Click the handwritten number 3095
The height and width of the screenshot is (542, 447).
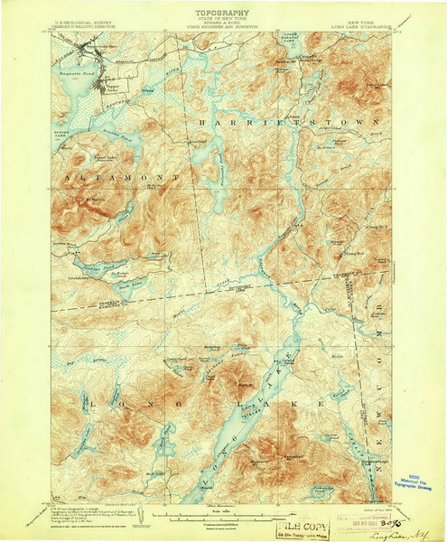click(x=394, y=520)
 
